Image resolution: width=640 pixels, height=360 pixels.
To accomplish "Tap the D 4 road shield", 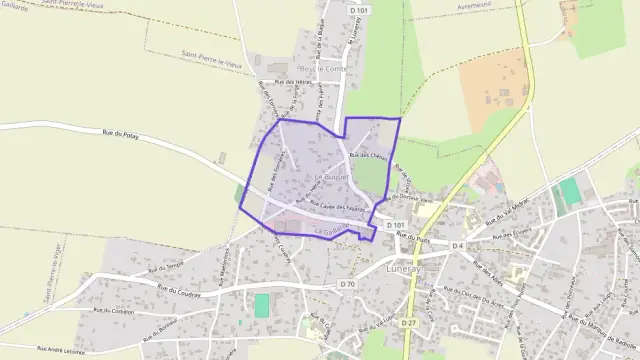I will click(457, 245).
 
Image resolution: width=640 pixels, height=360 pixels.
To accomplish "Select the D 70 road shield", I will click(347, 284).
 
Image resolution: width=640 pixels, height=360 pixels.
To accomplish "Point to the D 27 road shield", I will click(408, 323).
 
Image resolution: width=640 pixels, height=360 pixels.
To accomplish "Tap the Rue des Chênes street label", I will click(369, 156).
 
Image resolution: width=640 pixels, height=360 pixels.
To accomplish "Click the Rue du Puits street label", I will click(419, 240).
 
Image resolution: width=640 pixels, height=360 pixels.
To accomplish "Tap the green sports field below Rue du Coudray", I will click(262, 305).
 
